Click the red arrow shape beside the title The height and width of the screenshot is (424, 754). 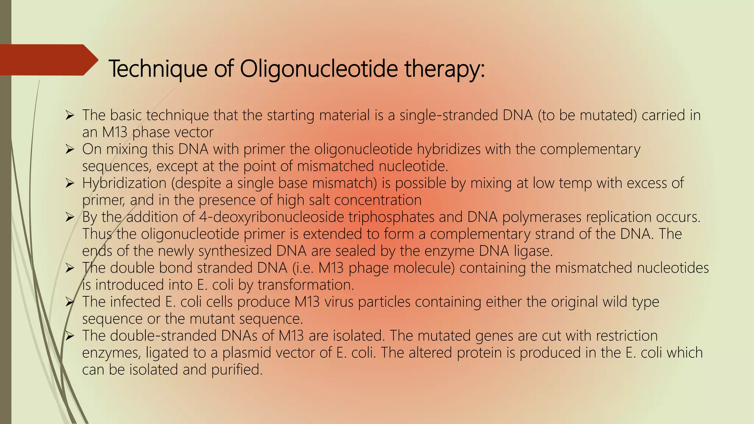[48, 60]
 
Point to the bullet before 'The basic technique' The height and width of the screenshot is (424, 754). [70, 116]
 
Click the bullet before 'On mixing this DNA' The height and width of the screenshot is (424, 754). [70, 150]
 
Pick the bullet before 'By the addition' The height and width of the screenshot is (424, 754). [70, 218]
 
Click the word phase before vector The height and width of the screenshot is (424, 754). [154, 132]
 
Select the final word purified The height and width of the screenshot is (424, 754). [237, 369]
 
